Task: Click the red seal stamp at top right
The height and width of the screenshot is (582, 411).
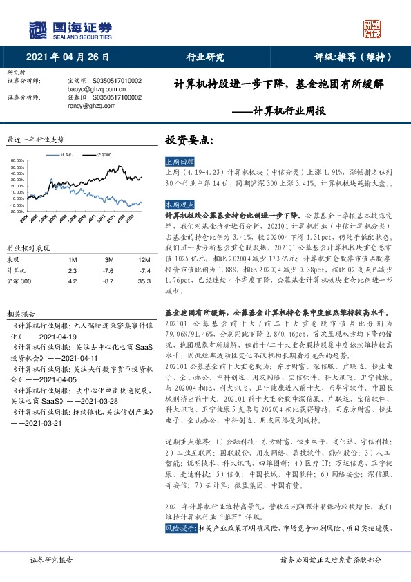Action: pyautogui.click(x=372, y=29)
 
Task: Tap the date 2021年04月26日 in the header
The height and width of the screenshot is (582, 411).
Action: pyautogui.click(x=68, y=57)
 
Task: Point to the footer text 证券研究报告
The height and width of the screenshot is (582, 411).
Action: pyautogui.click(x=52, y=562)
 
